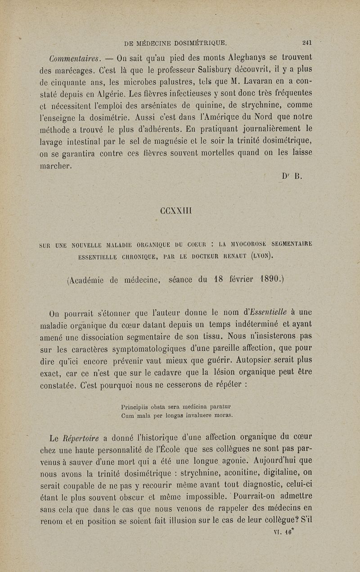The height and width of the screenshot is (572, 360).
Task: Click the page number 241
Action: click(x=307, y=44)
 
